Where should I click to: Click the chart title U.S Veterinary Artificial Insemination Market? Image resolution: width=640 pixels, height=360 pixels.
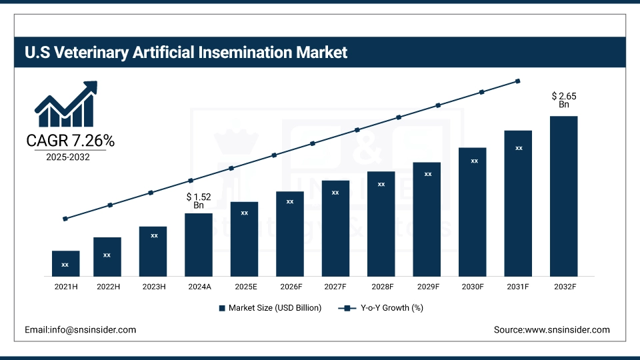(186, 52)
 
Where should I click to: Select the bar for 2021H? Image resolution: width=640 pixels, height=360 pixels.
(65, 264)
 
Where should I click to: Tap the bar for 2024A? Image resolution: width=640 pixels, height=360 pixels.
(199, 245)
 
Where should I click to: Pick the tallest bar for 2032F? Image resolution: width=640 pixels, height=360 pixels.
(563, 197)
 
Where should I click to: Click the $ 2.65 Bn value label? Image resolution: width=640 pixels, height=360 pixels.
(564, 100)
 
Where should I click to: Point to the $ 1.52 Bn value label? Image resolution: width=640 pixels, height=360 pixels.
(199, 201)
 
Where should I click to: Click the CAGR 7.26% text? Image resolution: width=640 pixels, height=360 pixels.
(70, 141)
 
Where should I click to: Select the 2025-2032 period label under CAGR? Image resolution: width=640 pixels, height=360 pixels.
(68, 157)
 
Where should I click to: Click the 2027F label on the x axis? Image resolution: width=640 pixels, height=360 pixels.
(335, 286)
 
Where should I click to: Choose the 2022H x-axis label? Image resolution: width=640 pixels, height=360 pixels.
(107, 286)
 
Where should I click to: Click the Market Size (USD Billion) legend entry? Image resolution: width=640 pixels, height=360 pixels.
(270, 308)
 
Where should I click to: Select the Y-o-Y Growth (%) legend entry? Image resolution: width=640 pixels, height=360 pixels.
(381, 308)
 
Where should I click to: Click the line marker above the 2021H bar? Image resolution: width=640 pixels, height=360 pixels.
(65, 219)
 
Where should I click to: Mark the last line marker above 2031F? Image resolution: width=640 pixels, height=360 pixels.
(518, 81)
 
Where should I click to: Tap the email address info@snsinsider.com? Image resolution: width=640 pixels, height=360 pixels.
(81, 330)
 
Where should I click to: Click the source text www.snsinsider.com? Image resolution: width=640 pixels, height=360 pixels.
(551, 330)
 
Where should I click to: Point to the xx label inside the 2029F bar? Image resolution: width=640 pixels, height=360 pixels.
(427, 174)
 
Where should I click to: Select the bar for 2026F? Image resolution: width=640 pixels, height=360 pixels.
(290, 234)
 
